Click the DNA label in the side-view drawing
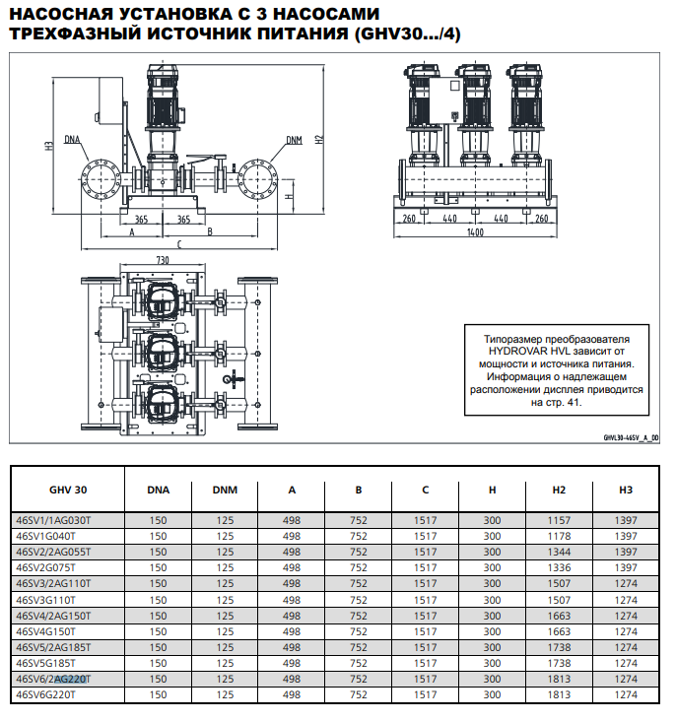tap(73, 140)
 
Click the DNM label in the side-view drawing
tap(295, 140)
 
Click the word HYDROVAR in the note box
tap(518, 351)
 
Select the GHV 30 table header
tap(68, 489)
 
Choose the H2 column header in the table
tap(559, 489)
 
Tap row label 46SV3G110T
tap(46, 599)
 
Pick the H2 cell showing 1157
tap(559, 519)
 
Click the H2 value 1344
tap(559, 552)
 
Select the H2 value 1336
tap(559, 567)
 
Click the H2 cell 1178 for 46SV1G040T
tap(559, 536)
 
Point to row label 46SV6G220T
tap(46, 694)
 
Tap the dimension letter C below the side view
tap(178, 242)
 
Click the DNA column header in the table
tap(158, 489)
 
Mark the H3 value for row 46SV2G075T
tap(626, 567)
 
